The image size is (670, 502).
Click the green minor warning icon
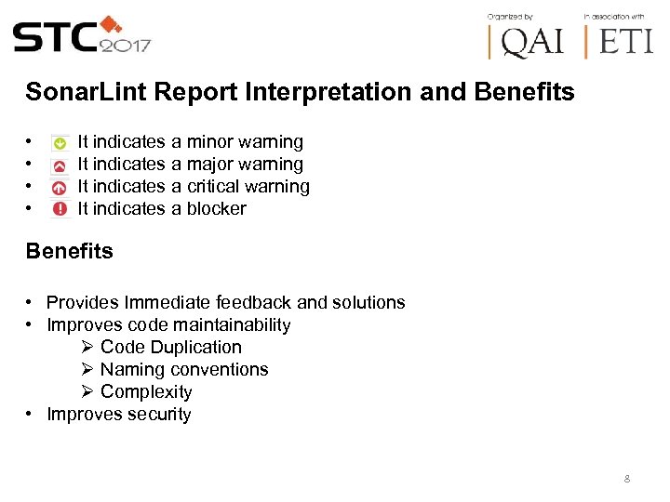point(60,143)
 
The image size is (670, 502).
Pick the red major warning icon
point(60,165)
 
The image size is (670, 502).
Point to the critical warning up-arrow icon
point(60,187)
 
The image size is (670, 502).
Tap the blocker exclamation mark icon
point(60,209)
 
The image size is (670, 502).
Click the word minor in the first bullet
point(210,142)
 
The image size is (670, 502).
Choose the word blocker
point(217,209)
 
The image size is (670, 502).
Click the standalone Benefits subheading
point(70,251)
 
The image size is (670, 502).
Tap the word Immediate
point(167,302)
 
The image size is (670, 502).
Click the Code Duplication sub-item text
point(170,348)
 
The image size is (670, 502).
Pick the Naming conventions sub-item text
point(184,370)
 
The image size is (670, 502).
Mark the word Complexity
point(146,392)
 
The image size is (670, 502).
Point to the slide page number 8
point(627,480)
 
